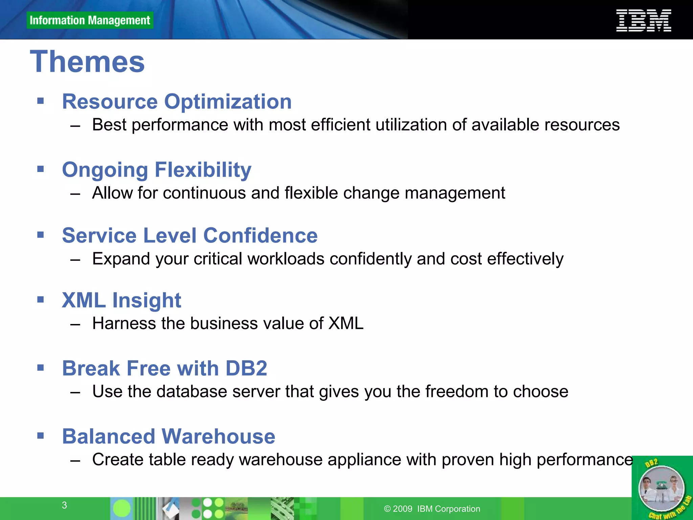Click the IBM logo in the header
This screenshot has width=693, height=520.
pos(643,20)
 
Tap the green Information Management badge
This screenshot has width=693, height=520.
pos(90,20)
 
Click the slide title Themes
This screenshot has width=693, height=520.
pos(87,62)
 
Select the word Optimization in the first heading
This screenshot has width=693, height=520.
pos(228,102)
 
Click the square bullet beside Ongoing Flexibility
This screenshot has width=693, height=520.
pos(41,169)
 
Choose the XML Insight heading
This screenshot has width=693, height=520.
pos(121,300)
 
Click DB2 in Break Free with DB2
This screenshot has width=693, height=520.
pos(246,368)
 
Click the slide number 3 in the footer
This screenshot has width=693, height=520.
pos(64,505)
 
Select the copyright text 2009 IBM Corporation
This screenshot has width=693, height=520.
pos(432,509)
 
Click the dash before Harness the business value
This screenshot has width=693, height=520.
pos(75,324)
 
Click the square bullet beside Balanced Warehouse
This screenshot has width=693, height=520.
pos(41,435)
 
